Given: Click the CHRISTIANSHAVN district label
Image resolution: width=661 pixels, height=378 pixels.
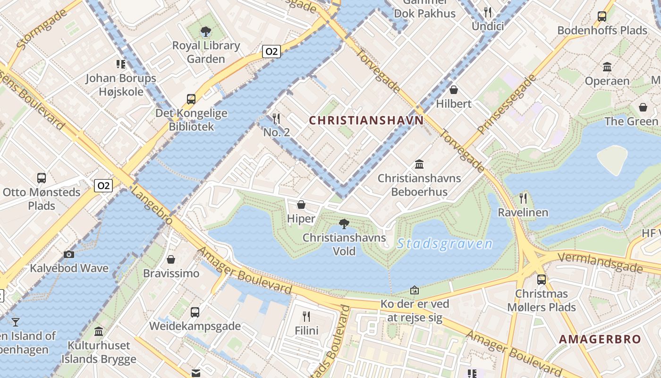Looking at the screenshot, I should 366,120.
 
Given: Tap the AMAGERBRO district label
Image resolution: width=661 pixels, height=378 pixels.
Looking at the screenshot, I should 600,339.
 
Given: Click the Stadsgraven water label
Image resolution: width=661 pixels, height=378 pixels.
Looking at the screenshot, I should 445,244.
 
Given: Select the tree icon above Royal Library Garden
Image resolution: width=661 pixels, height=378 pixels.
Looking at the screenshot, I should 205,32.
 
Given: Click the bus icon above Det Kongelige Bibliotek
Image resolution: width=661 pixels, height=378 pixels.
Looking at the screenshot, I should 191,99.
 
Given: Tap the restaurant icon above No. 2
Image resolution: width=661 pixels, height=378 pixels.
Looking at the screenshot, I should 277,118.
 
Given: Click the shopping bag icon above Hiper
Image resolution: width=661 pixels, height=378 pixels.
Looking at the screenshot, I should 301,205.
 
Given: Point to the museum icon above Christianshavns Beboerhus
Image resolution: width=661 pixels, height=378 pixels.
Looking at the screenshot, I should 419,164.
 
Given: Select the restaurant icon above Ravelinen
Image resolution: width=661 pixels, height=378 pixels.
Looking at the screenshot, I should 523,198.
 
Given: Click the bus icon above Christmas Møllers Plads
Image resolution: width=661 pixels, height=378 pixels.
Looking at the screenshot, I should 542,279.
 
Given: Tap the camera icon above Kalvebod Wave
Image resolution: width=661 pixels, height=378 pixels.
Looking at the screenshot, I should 69,254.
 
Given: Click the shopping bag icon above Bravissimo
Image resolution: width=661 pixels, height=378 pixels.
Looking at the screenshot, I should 171,259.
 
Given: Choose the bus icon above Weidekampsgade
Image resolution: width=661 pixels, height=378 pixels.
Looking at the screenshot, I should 195,312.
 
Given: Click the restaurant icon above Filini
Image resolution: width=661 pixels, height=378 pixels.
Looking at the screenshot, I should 306,316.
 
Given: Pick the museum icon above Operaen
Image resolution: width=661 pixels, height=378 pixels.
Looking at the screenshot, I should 607,67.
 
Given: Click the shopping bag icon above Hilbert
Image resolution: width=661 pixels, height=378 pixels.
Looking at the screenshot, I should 454,89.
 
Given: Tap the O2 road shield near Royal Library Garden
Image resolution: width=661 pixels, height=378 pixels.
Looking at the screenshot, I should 271,52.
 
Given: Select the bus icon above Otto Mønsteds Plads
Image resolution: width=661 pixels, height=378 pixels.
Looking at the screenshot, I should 42,178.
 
